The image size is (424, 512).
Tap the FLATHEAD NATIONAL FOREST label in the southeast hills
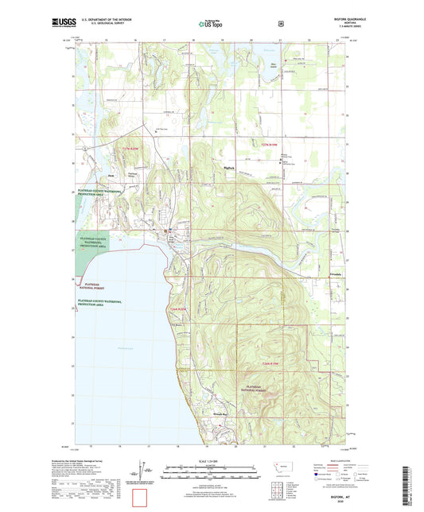pos(259,387)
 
